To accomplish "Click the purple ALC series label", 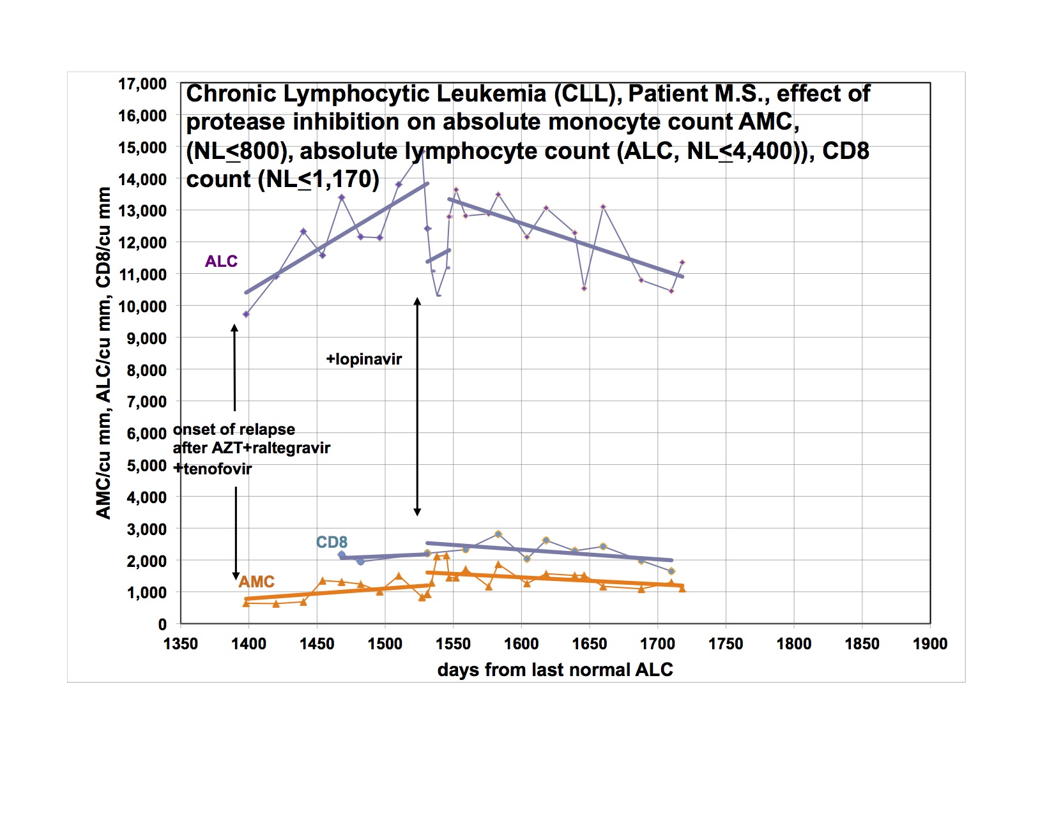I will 221,261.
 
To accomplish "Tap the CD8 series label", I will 332,542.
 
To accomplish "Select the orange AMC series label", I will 257,582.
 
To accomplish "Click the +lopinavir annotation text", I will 364,359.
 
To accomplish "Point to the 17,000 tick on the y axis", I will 142,84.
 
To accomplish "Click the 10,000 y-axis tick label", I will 142,306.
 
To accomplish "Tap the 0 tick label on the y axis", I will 162,624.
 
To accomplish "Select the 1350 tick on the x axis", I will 181,644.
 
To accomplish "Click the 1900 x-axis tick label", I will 930,644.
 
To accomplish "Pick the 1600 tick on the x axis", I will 521,644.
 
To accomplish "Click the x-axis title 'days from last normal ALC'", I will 555,670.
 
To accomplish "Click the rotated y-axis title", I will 103,353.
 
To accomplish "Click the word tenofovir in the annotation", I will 218,469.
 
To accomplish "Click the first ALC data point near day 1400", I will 246,314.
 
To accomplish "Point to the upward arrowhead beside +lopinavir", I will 417,301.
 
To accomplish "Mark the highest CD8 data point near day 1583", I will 498,534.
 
